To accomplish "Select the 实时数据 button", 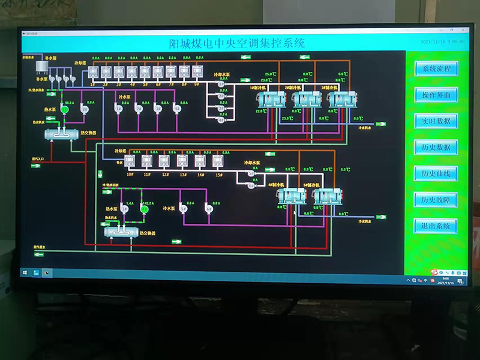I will pyautogui.click(x=436, y=121).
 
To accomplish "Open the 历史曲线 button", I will pyautogui.click(x=436, y=173).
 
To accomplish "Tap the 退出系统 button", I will pyautogui.click(x=436, y=226).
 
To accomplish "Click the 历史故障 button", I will pyautogui.click(x=436, y=200).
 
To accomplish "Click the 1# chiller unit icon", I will pyautogui.click(x=272, y=100).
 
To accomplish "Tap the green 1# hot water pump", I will pyautogui.click(x=65, y=109).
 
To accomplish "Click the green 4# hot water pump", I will pyautogui.click(x=144, y=209).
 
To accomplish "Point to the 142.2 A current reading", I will pyautogui.click(x=148, y=203).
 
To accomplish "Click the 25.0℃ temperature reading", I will pyautogui.click(x=269, y=74).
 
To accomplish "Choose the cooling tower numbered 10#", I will pyautogui.click(x=130, y=160).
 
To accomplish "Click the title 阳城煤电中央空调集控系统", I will pyautogui.click(x=236, y=44).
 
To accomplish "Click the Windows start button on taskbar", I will pyautogui.click(x=25, y=273).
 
